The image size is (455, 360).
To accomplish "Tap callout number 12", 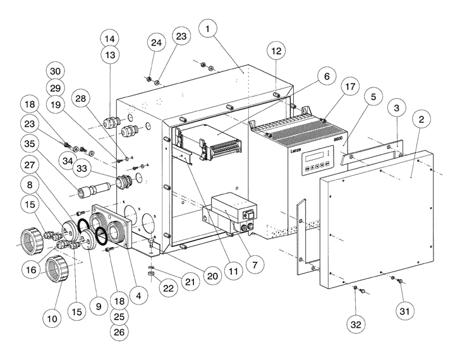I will coord(276,50).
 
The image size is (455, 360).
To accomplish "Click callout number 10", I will coord(54,319).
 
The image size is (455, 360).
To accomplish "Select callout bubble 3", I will coord(396,108).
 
